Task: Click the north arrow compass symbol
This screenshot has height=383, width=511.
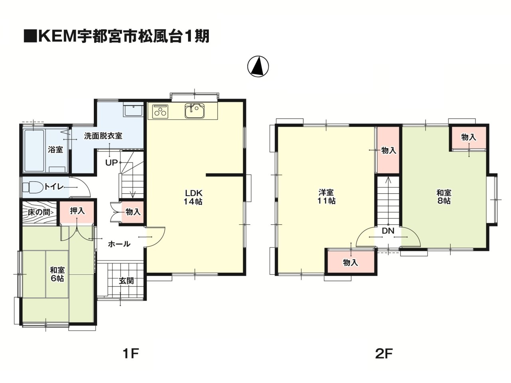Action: pos(258,66)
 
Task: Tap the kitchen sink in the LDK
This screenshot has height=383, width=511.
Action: pos(195,111)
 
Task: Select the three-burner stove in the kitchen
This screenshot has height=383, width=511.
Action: pos(160,111)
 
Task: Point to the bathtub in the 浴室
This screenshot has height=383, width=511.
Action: pos(34,151)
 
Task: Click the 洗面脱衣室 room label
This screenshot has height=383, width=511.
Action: pos(103,136)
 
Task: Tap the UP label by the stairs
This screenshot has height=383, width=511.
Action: pos(111,163)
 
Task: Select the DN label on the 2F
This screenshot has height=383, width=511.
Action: pos(388,231)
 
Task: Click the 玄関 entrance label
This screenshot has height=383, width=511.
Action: pos(126,281)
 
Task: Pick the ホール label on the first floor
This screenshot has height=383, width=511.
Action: pos(119,244)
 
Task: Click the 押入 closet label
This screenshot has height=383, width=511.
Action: pos(77,211)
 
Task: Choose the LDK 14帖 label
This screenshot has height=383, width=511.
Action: pos(193,197)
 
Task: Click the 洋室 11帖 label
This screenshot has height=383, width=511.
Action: pos(326,196)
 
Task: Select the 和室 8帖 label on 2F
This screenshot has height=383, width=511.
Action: pos(444,197)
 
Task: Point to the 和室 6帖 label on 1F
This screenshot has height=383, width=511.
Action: pos(57,274)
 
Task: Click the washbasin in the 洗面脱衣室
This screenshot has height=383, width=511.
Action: pos(133,111)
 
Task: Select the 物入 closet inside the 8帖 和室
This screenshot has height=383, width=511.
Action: pos(469,139)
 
